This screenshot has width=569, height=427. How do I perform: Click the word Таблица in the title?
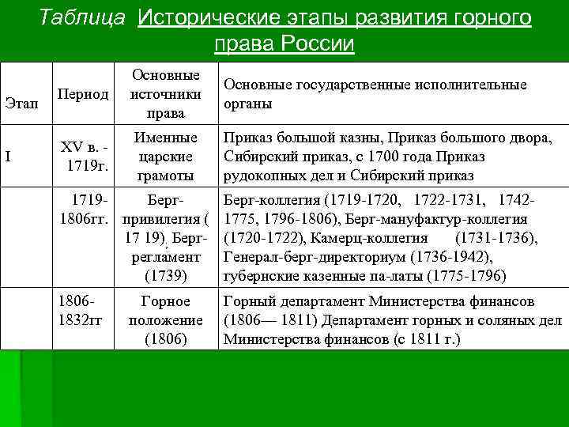[x=82, y=17]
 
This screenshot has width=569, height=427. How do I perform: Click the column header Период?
[x=82, y=94]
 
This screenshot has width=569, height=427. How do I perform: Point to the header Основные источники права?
[x=166, y=94]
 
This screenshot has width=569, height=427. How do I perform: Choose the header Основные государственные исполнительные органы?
[x=375, y=94]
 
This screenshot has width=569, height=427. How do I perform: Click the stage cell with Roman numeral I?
[x=8, y=156]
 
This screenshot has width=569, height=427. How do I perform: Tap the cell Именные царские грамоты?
[x=166, y=157]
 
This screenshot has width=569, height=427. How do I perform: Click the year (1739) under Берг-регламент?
[x=166, y=276]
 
